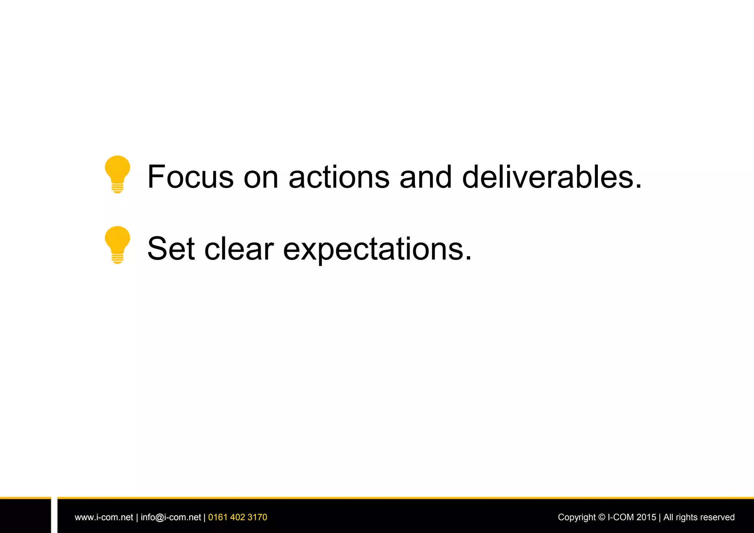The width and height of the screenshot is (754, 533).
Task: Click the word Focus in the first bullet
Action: tap(190, 177)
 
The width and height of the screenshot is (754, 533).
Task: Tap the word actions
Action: tap(339, 177)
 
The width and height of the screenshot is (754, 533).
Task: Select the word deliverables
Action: tap(552, 177)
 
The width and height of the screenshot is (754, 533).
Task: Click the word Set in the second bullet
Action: tap(171, 249)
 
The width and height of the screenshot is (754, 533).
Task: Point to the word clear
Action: tap(239, 249)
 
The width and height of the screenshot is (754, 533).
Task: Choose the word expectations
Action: tap(377, 250)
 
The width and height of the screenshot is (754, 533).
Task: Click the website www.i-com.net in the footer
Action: tap(104, 517)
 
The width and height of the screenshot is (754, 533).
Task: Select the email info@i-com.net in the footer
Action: tap(171, 517)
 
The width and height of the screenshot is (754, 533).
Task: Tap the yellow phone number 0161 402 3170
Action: tap(237, 517)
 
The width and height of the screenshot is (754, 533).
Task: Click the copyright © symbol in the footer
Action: tap(602, 517)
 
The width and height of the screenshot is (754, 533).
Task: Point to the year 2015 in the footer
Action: tap(646, 517)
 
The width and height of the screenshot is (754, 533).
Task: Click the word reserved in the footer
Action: tap(718, 517)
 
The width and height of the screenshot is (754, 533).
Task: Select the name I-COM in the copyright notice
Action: tap(621, 517)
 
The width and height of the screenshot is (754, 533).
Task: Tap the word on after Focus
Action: tap(261, 177)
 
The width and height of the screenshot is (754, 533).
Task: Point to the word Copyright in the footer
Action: tap(577, 517)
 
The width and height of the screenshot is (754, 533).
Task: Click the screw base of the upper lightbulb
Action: tap(117, 188)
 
